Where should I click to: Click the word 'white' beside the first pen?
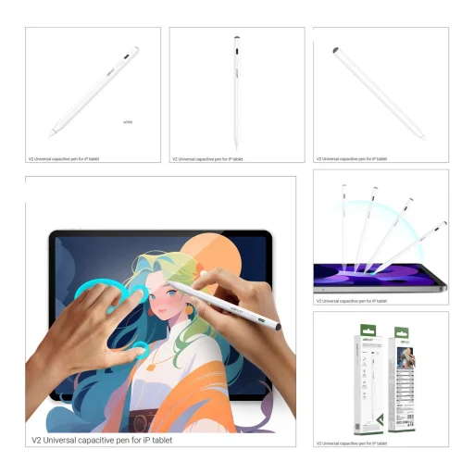(x=128, y=120)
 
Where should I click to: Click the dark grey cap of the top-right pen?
(x=334, y=48)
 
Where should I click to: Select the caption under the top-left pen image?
(x=67, y=159)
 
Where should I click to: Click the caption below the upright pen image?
(x=208, y=159)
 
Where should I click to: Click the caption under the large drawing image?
(x=102, y=440)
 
